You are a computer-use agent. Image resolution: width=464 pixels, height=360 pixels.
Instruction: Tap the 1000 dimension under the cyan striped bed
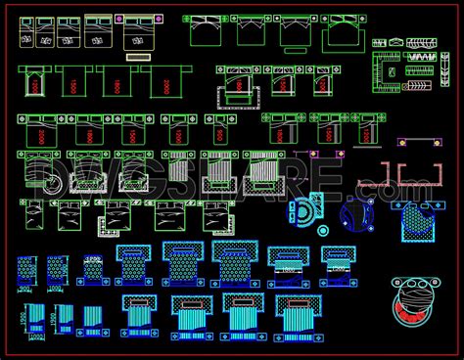coord(36,337)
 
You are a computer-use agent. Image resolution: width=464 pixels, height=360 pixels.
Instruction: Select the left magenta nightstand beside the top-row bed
coord(119,19)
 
